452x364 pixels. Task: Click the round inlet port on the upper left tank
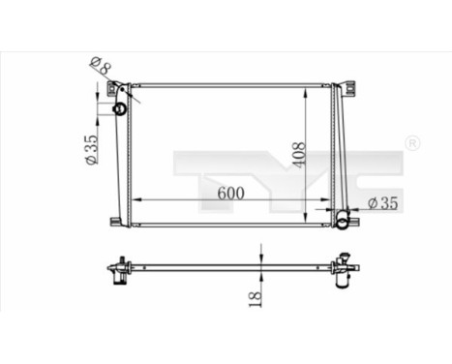coord(120,108)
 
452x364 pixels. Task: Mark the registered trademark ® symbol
coord(410,144)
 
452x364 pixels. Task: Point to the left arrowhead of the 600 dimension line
coord(134,200)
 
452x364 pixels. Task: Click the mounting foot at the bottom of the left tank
coord(116,223)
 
